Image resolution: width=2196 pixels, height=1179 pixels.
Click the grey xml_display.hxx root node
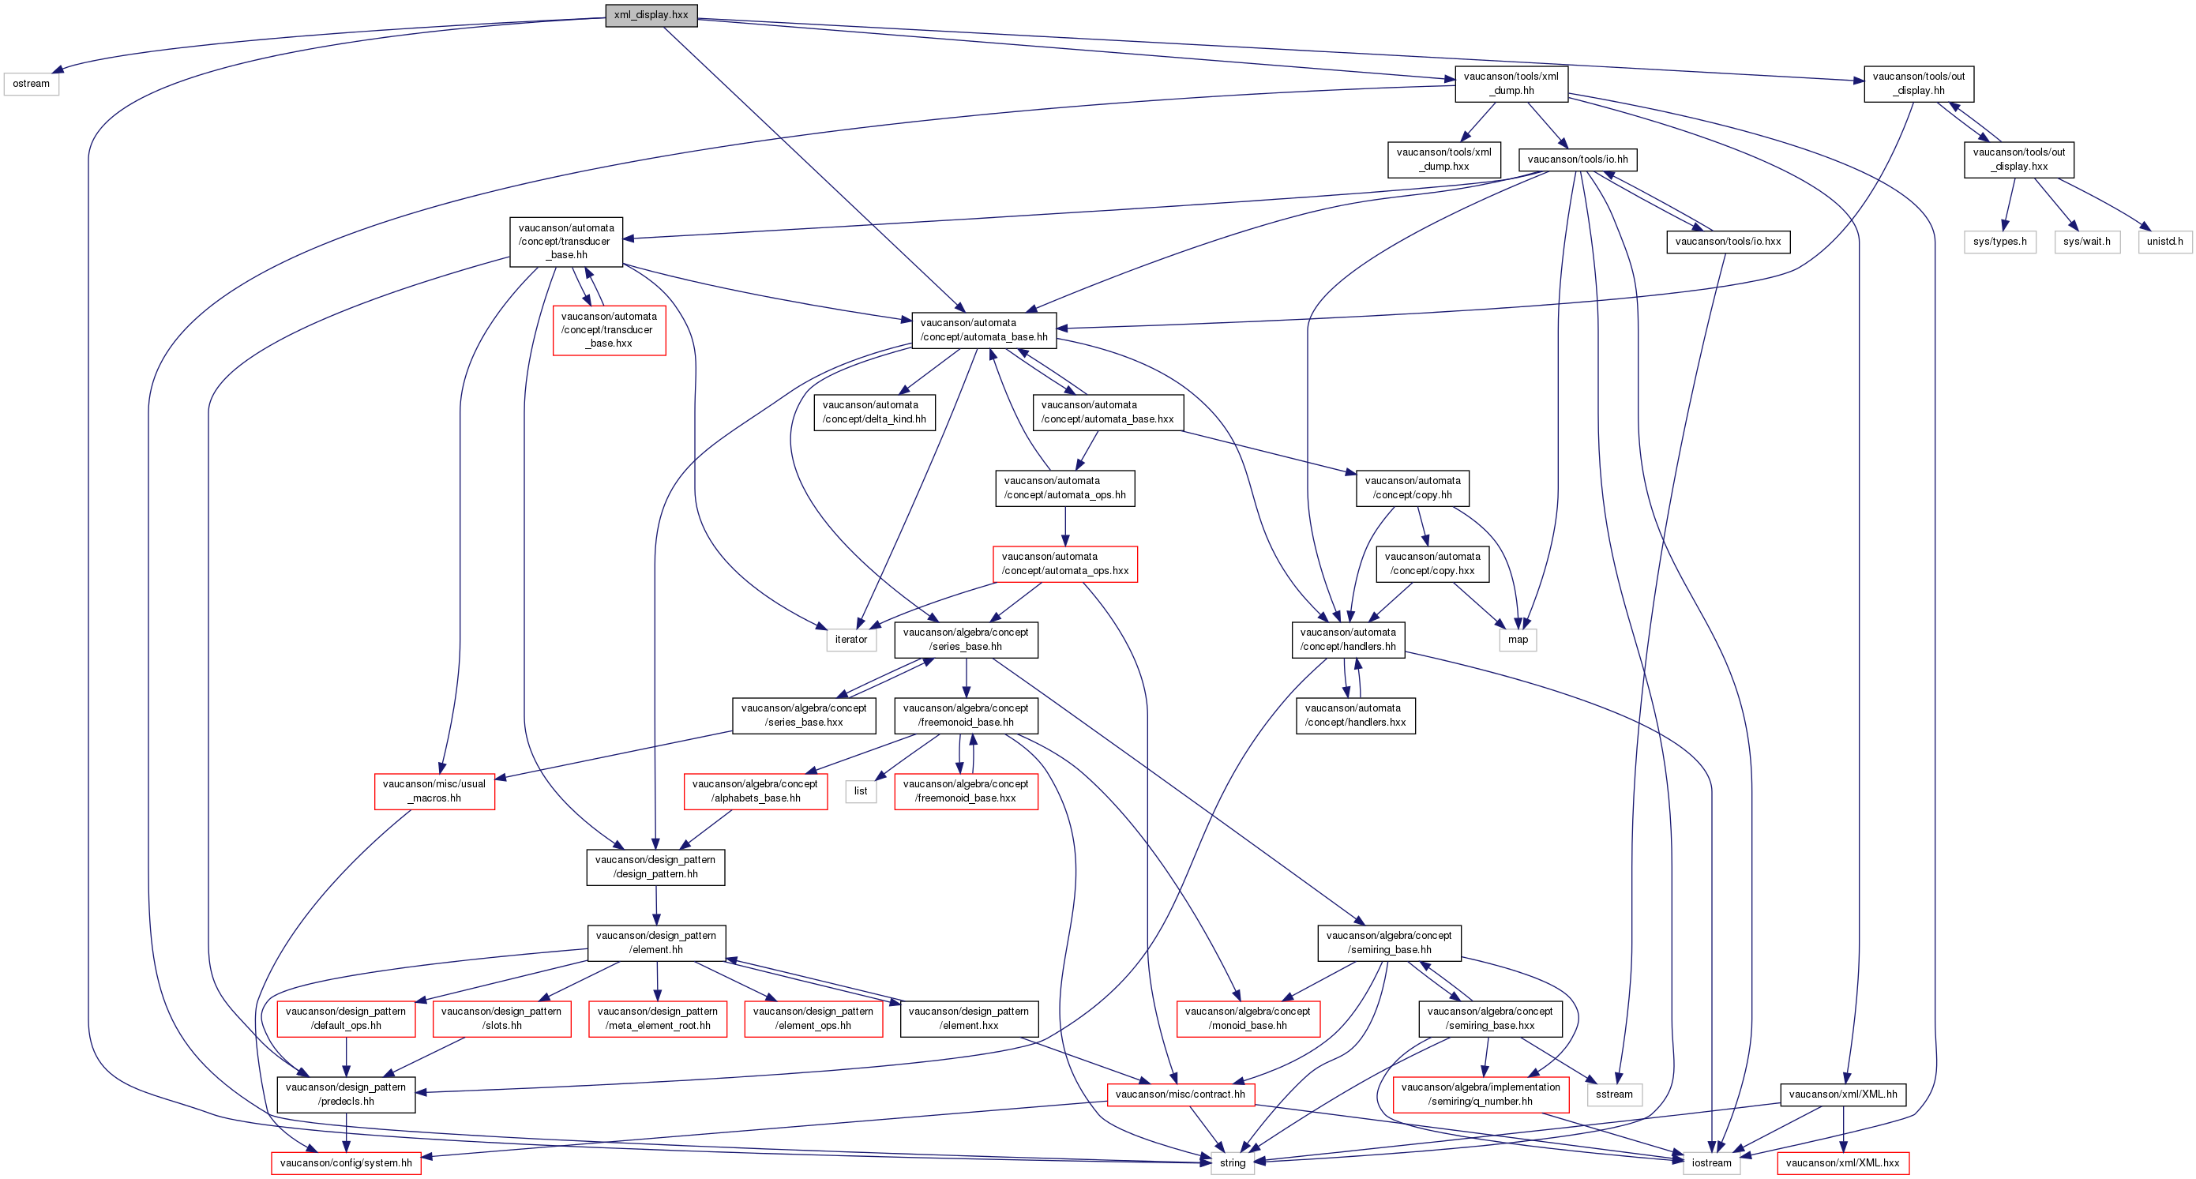[651, 14]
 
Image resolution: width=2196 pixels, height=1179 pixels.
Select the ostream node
[32, 84]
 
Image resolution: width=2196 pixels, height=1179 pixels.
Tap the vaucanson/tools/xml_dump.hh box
[1511, 84]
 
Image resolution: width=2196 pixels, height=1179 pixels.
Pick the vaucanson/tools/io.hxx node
[1728, 242]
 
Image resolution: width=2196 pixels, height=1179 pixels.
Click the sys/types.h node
[2000, 242]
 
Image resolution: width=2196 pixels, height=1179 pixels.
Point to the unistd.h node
[2164, 242]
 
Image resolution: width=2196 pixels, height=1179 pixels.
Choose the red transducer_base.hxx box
[609, 330]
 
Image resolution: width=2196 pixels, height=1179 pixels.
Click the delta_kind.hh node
[874, 411]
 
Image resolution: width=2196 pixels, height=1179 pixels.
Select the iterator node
[850, 640]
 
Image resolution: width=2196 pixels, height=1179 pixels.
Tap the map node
[1518, 640]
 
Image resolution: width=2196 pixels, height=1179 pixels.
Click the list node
[861, 791]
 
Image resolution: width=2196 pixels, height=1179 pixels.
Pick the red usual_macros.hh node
[434, 791]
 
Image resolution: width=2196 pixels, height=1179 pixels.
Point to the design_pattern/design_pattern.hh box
[655, 867]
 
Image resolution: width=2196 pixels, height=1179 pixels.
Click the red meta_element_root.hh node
[657, 1019]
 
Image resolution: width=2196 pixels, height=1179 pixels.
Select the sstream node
[1614, 1094]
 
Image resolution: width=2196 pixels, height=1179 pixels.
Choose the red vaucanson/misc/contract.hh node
[1180, 1094]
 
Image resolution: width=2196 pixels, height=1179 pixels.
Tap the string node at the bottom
[1233, 1162]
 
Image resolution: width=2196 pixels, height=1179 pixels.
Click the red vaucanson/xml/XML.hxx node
[1842, 1162]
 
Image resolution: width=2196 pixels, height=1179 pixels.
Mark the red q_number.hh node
[1481, 1094]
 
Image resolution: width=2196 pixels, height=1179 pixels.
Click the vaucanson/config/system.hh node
[346, 1162]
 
